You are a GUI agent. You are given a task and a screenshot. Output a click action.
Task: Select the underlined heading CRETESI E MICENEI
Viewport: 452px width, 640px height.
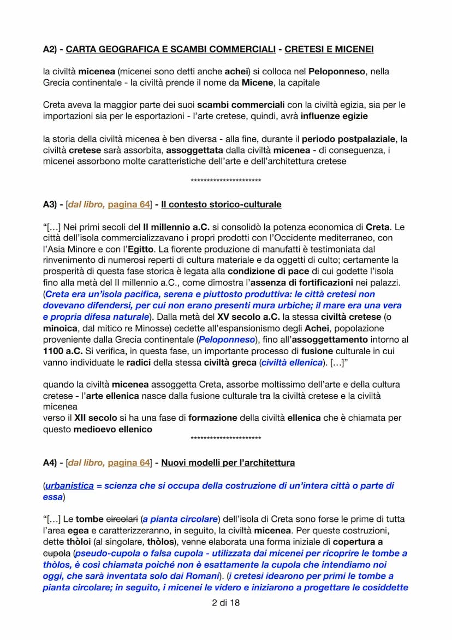[329, 49]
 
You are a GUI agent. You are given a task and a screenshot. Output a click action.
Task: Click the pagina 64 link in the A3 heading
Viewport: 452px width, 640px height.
[129, 204]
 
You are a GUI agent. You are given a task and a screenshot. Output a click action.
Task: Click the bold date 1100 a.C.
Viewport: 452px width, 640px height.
[62, 351]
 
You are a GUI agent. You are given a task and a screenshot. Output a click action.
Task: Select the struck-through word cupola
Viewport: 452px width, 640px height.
[56, 553]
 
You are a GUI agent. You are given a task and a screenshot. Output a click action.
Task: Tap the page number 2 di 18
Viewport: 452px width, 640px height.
[225, 603]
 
